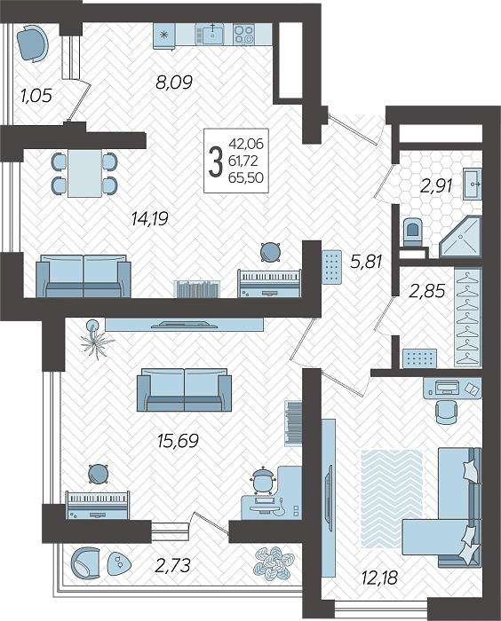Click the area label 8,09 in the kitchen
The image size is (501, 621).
click(x=174, y=82)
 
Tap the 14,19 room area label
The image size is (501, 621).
click(x=150, y=218)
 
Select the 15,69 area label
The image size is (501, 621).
click(x=178, y=440)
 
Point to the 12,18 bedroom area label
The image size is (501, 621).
click(x=379, y=578)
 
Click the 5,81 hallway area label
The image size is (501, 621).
click(x=366, y=262)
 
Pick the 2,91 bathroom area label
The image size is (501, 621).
click(x=436, y=185)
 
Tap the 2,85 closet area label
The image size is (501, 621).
click(x=426, y=291)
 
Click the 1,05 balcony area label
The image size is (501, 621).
click(x=36, y=96)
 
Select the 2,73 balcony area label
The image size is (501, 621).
click(x=173, y=565)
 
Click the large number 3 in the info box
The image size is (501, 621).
click(x=215, y=161)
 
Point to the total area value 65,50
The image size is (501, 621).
click(x=246, y=177)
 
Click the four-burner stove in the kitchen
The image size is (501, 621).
click(x=244, y=34)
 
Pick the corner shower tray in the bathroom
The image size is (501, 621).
click(x=460, y=237)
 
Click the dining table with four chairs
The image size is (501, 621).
click(x=84, y=173)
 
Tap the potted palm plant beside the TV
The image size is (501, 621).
click(x=95, y=339)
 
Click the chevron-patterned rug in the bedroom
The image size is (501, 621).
click(x=391, y=499)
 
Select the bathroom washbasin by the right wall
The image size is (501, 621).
click(x=473, y=184)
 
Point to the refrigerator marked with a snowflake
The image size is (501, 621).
click(x=164, y=35)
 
